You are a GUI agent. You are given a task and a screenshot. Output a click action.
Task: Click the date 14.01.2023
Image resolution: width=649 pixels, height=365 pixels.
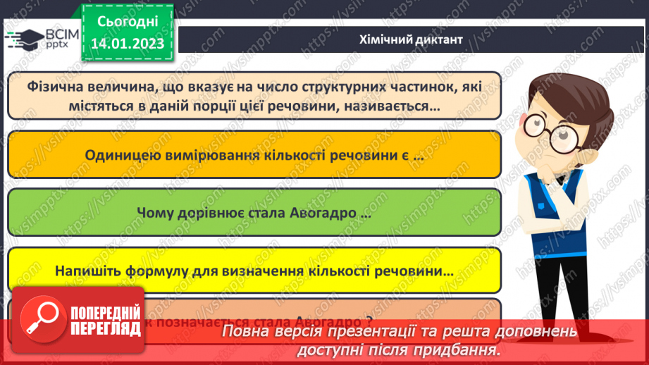pyautogui.click(x=127, y=43)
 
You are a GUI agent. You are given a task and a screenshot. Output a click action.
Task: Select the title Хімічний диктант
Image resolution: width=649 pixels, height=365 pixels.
pyautogui.click(x=410, y=39)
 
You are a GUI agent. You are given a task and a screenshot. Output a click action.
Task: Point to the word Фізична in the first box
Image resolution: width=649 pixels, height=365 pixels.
pyautogui.click(x=58, y=87)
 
